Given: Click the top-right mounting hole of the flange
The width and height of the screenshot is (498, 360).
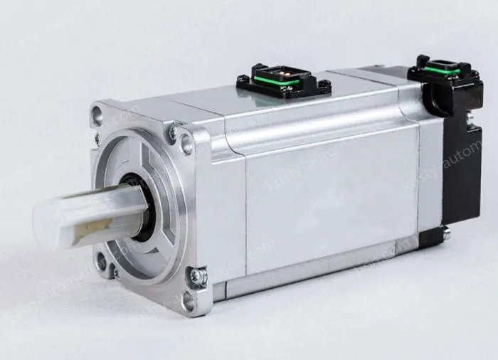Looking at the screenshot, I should [x=187, y=144].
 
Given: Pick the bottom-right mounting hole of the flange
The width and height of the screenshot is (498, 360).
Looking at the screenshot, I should [x=189, y=300].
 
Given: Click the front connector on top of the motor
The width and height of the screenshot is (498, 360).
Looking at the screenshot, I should [x=282, y=80].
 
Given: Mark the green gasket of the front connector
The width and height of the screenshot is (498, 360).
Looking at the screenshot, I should [x=284, y=84].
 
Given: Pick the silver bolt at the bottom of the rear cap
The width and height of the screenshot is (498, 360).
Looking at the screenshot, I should [x=445, y=232].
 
